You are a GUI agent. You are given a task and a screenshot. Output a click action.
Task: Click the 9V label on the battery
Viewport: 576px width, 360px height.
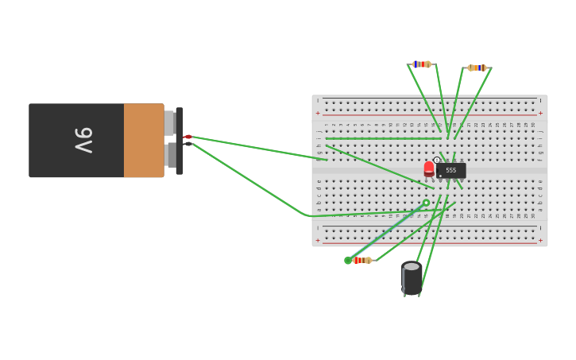tap(83, 140)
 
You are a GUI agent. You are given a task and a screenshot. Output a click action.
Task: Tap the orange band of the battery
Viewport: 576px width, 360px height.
tap(143, 140)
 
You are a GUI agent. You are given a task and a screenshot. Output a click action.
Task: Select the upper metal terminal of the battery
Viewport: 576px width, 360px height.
tap(169, 123)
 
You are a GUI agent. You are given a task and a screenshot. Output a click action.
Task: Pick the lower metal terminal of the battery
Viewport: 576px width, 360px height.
tap(170, 154)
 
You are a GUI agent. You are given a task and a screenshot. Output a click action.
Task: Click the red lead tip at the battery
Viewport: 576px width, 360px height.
tap(188, 137)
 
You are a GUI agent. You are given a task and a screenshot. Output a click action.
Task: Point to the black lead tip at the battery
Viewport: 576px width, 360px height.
tap(188, 144)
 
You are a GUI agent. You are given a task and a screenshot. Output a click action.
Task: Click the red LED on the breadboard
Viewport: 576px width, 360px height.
tap(429, 168)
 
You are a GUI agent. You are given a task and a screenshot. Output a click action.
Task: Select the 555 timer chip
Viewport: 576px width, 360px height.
tap(450, 170)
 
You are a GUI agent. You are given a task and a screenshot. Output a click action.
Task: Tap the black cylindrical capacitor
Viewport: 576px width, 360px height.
tap(412, 278)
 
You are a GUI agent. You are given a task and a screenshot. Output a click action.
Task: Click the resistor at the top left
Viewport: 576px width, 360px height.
tap(422, 64)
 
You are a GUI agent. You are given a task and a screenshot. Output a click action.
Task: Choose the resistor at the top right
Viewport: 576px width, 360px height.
tap(477, 68)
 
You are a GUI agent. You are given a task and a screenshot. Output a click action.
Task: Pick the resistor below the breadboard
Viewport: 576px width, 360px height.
tap(361, 260)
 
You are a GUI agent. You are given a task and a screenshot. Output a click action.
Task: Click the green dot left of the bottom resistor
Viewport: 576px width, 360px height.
tap(348, 260)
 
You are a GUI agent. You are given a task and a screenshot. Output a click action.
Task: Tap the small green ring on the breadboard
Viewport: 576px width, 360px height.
tap(426, 203)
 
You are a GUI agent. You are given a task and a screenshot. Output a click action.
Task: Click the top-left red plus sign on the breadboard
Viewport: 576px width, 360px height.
tap(319, 113)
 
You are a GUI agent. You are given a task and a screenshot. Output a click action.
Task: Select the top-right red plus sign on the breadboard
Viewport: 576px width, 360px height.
tap(540, 113)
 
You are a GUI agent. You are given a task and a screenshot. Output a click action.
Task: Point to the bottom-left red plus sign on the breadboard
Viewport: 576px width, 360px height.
tap(319, 240)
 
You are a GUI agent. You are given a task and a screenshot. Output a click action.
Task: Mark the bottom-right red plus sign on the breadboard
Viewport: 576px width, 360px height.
tap(540, 240)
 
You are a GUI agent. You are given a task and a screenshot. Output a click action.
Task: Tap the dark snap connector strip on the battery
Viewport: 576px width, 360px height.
tap(180, 141)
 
